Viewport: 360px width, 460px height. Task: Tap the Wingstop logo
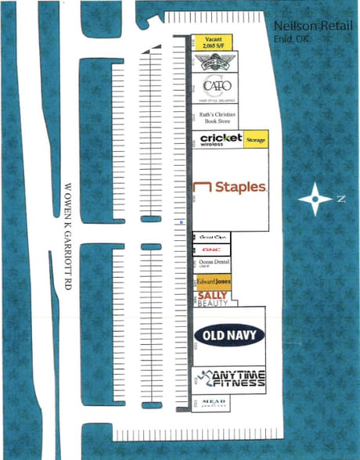[215, 60]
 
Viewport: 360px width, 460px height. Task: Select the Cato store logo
[215, 85]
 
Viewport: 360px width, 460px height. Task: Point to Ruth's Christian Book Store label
[215, 117]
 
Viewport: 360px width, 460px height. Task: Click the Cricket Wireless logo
[221, 139]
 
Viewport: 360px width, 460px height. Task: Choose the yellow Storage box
[256, 139]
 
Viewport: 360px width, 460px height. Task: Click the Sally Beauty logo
[212, 298]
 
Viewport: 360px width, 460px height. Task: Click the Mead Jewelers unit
[213, 402]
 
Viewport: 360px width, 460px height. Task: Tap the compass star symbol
[315, 199]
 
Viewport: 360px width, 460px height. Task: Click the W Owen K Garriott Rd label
[68, 239]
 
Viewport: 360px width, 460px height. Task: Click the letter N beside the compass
[340, 199]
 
